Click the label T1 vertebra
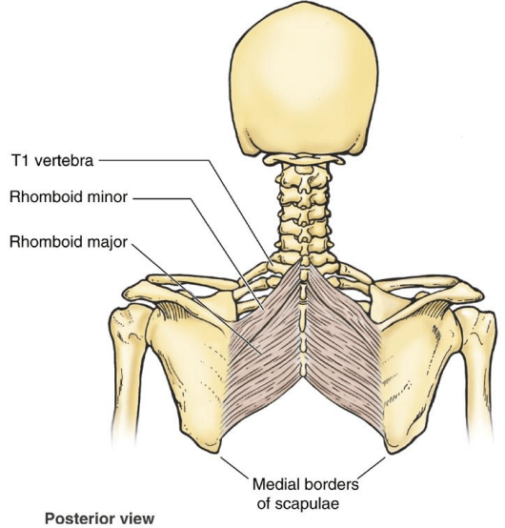pos(52,161)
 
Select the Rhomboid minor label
pos(69,197)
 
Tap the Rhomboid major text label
pos(69,242)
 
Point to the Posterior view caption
pos(100,518)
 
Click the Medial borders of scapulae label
pos(306,494)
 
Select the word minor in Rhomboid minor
pos(108,197)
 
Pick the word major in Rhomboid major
pos(108,243)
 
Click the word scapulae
pos(307,504)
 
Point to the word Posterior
pos(77,518)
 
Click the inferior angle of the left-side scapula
pos(212,450)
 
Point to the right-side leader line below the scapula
pos(372,467)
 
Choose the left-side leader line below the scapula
pos(234,467)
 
